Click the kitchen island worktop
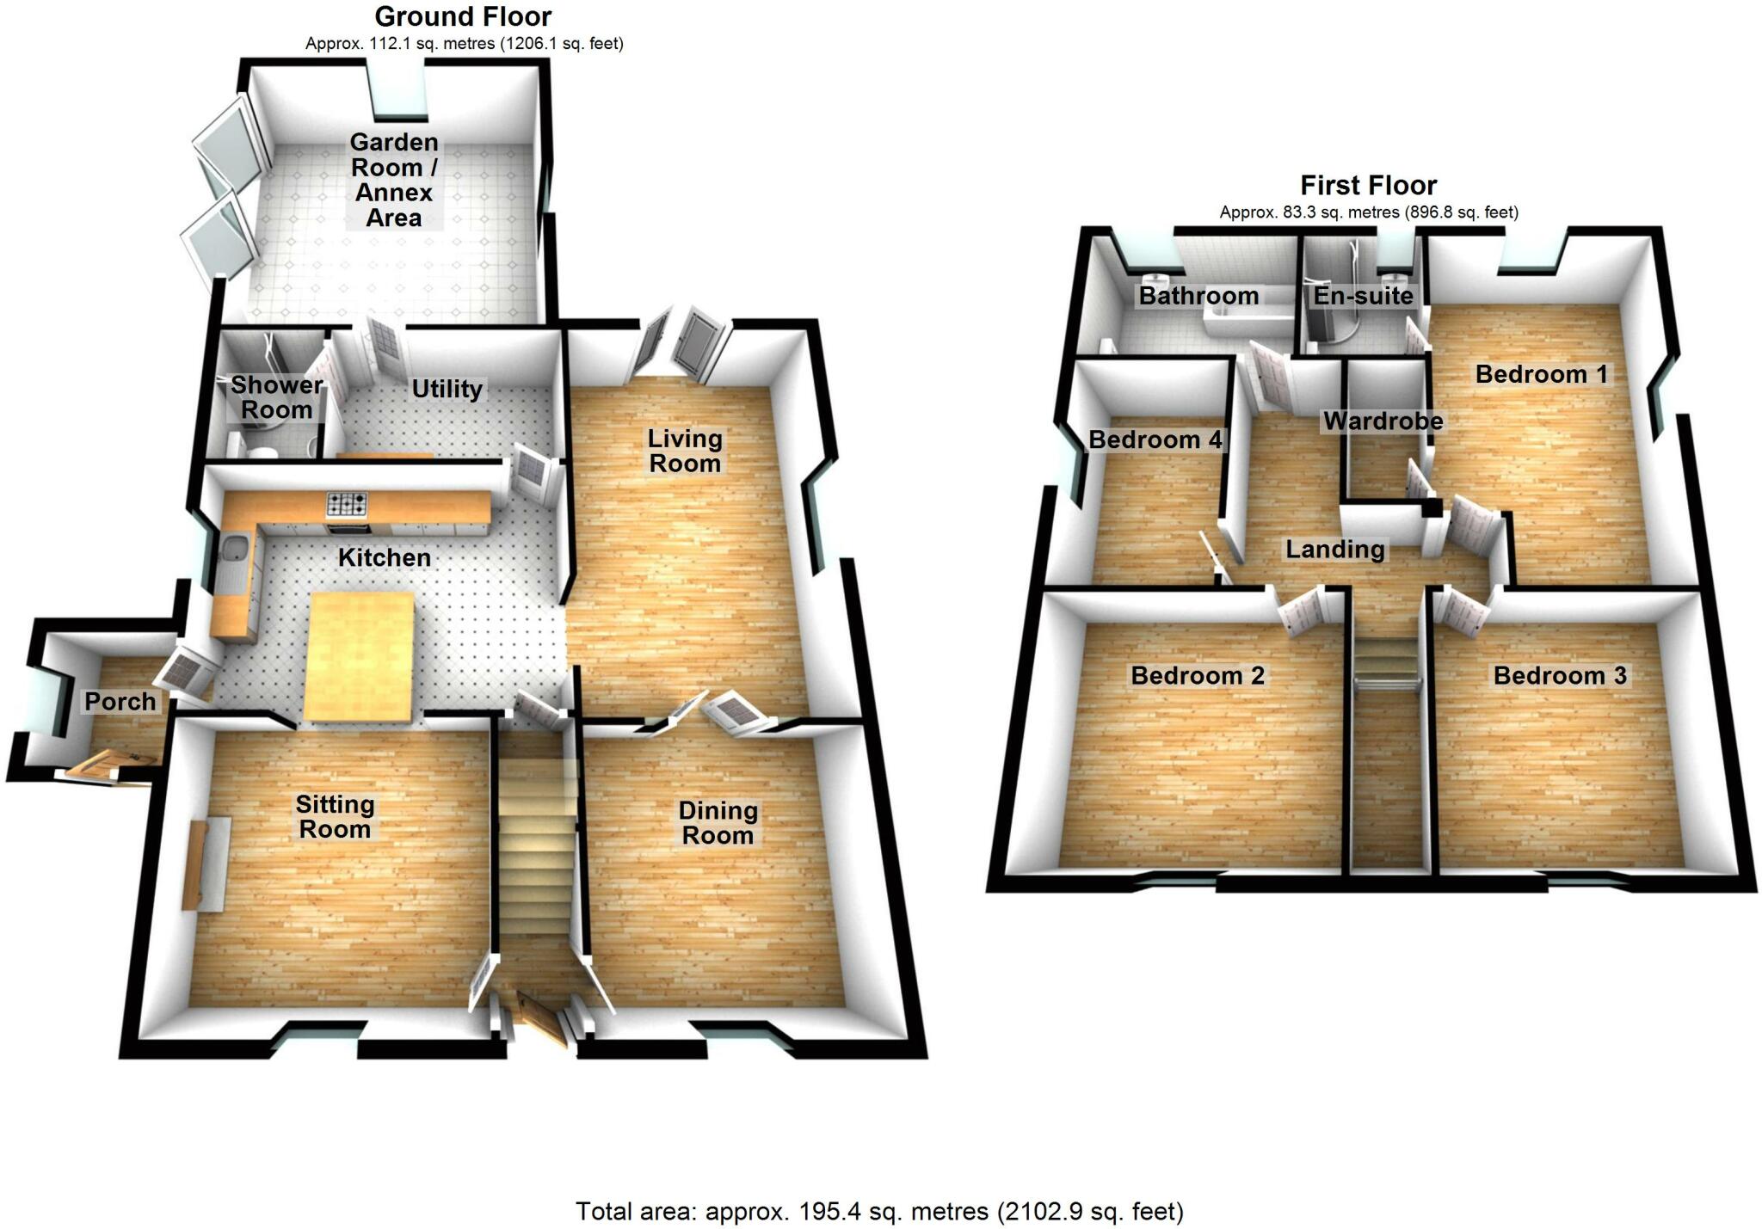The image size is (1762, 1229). [x=360, y=655]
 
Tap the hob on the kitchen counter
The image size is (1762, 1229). [x=347, y=503]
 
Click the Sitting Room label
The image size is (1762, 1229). [x=335, y=816]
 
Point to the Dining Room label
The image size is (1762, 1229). [x=718, y=822]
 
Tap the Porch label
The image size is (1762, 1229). [x=120, y=701]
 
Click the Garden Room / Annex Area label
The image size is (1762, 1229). [x=394, y=179]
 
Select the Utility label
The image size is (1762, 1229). [x=447, y=389]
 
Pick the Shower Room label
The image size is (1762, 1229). [x=276, y=396]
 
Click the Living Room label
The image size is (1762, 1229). [x=685, y=451]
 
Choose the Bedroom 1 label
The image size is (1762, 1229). [x=1541, y=374]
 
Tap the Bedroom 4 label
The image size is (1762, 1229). [x=1155, y=439]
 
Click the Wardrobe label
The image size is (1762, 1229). [x=1383, y=421]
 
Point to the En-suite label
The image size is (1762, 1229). [x=1363, y=296]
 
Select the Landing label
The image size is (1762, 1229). [x=1335, y=549]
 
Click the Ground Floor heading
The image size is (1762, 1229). [x=463, y=16]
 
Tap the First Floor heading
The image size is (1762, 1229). [x=1368, y=185]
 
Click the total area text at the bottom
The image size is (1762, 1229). [x=879, y=1211]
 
